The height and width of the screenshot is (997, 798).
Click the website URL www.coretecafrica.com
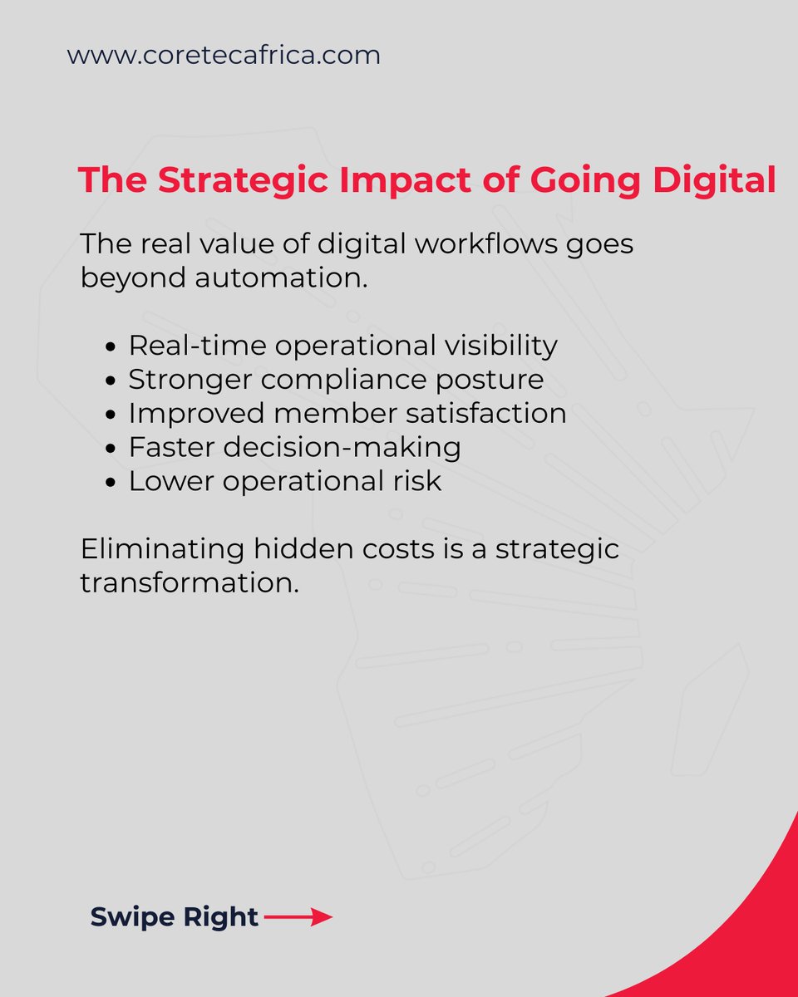coord(224,56)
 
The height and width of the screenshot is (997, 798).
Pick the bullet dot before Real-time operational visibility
coord(114,346)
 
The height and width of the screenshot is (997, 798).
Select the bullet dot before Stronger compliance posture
coord(114,381)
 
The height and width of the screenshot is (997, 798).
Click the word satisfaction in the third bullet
coord(492,413)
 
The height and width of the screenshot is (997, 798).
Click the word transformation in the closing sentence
coord(189,582)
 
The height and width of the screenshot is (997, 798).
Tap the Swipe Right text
coord(175,917)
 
